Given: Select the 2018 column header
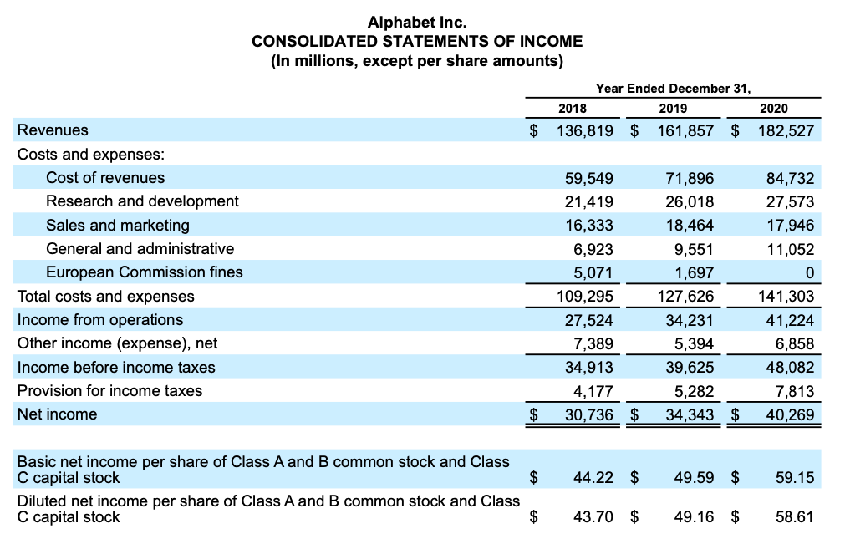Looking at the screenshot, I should (x=572, y=108).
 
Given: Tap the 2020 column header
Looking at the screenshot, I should (x=773, y=108).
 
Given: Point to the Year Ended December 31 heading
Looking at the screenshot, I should (x=673, y=88).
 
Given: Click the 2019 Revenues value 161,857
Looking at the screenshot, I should (x=681, y=130).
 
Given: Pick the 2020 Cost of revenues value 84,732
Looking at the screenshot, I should (x=790, y=178).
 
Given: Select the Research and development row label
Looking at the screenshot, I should (x=142, y=201).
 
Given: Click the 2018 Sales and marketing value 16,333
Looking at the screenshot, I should (x=588, y=225).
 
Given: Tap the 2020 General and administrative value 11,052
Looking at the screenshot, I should (x=790, y=248).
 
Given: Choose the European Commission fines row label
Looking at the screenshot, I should (x=144, y=272).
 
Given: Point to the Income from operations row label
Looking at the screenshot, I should (x=100, y=320).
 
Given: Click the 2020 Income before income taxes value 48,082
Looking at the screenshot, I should (x=790, y=368).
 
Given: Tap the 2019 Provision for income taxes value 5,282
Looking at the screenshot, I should (x=693, y=391).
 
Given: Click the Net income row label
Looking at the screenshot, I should (x=57, y=414).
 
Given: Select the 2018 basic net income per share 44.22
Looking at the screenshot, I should (x=593, y=478).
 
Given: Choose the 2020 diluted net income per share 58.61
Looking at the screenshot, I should (x=794, y=517).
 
